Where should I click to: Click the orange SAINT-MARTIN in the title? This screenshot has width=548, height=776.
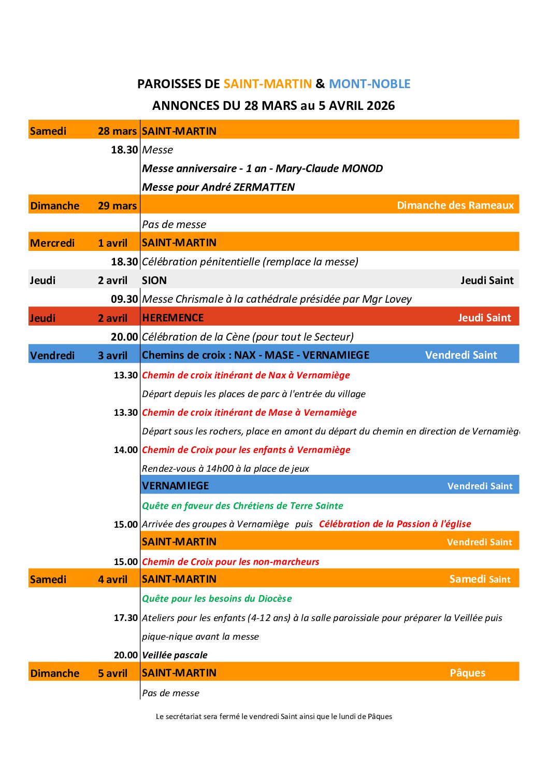click(x=267, y=84)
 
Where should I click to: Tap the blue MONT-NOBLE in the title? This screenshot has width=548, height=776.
click(x=369, y=84)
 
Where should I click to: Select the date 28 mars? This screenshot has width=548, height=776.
click(x=117, y=131)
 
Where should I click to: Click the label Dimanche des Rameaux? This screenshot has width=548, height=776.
click(x=455, y=205)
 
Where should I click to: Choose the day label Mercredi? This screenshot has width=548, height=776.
click(x=52, y=243)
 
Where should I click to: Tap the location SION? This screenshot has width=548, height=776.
click(x=154, y=280)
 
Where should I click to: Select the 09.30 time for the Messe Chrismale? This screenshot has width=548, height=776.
click(x=124, y=299)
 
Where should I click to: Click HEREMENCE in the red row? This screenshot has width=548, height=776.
click(x=173, y=318)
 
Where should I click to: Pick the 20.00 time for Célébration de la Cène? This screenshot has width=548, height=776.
click(x=124, y=337)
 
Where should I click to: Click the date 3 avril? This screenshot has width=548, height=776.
click(x=112, y=356)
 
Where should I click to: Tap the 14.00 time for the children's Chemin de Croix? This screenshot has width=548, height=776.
click(x=126, y=450)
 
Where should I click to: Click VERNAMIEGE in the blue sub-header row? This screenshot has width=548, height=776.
click(x=176, y=486)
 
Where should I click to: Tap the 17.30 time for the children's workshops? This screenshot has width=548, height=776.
click(x=126, y=618)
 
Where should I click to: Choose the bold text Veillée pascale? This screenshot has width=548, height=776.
click(x=175, y=655)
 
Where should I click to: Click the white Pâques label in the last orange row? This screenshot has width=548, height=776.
click(x=467, y=673)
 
